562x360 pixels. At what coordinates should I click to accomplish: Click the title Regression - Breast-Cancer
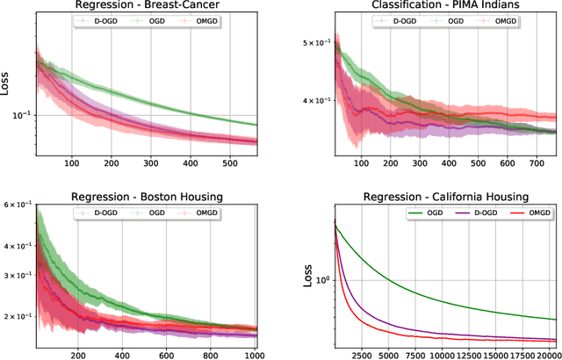point(147,7)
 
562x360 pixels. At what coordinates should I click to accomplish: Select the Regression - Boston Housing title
point(147,191)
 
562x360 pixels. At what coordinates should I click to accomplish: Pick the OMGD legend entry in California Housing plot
point(523,212)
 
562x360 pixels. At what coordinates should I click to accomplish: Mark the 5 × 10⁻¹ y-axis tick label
point(314,43)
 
